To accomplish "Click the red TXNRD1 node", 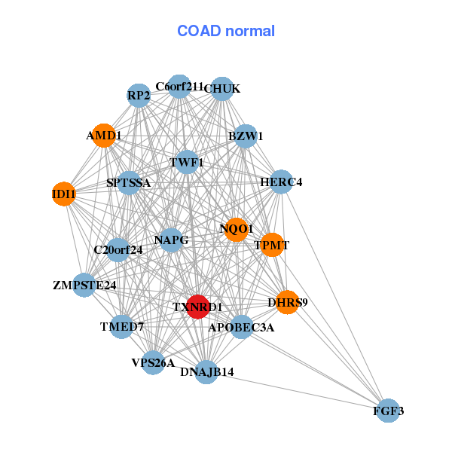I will point(197,307).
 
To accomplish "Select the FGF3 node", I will point(388,411).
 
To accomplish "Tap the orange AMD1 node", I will point(103,136).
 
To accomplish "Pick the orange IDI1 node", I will point(64,194).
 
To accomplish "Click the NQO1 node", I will point(237,228).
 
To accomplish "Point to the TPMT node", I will point(271,245).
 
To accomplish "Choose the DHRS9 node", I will point(287,302).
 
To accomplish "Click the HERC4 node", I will point(280,182).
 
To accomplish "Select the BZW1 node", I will point(246,136).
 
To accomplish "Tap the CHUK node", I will point(221,89).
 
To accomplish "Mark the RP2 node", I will point(139,95).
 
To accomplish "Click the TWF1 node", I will point(186,162).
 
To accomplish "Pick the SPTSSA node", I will point(129,182).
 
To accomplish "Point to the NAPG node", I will point(171,240).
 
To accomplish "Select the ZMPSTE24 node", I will point(84,285).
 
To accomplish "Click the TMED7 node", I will point(121,326).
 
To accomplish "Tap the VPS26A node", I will point(153,362).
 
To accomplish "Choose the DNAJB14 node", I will point(206,371).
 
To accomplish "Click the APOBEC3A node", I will point(241,327).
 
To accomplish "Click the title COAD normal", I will point(226,31).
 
